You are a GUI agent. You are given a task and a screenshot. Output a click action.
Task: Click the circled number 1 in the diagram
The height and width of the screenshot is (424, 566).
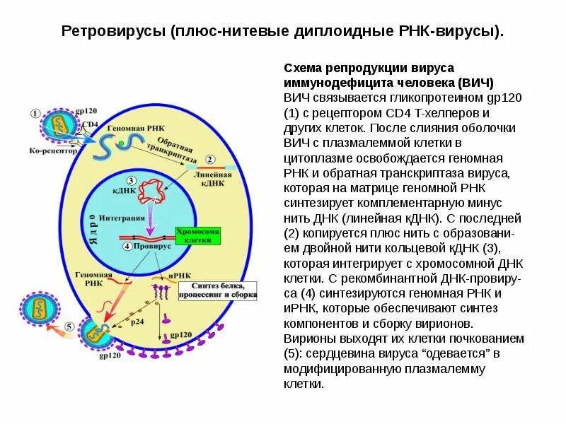point(36,113)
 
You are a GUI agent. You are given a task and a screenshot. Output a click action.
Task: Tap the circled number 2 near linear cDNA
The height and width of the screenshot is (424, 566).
point(209,159)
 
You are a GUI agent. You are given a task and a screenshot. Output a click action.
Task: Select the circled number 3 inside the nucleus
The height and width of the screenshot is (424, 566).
point(132,181)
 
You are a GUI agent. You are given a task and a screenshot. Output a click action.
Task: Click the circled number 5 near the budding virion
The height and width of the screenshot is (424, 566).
point(68,326)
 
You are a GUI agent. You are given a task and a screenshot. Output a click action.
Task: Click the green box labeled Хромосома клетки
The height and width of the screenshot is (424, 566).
point(198,236)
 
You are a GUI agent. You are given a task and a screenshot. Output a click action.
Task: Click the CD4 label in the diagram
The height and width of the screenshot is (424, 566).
point(90,124)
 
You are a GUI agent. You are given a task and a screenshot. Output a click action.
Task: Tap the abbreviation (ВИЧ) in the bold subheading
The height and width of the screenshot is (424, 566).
point(475,82)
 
